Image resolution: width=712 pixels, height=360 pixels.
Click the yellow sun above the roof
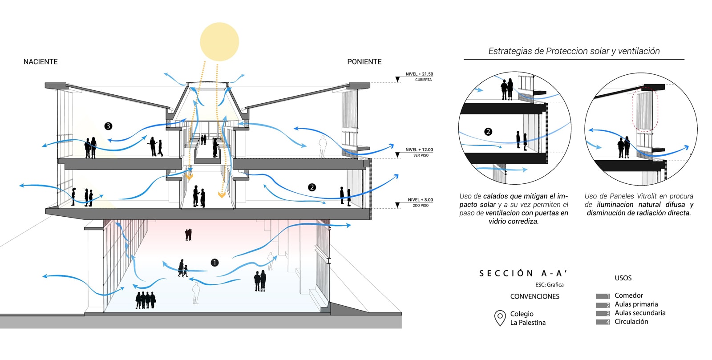pos(219,41)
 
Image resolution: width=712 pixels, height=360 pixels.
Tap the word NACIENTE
pos(40,62)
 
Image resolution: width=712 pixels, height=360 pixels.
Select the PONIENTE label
pos(364,62)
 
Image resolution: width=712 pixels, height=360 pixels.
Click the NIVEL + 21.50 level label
pos(419,74)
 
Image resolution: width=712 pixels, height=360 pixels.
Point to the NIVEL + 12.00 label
pos(419,150)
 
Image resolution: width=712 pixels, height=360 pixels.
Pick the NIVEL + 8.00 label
pos(420,200)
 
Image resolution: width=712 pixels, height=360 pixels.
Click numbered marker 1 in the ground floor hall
pos(214,263)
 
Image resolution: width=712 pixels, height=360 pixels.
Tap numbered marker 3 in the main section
pos(108,126)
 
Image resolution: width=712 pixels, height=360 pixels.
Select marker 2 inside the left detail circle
pos(488,132)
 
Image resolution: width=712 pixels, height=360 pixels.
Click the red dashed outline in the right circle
pos(644,109)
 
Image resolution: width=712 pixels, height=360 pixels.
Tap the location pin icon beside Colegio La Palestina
pos(500,318)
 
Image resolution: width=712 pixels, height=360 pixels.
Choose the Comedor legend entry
pos(628,295)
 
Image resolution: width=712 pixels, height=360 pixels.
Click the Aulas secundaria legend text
pos(640,313)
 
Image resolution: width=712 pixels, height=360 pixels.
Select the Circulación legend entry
pos(631,322)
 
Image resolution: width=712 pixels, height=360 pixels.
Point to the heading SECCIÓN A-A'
pos(523,273)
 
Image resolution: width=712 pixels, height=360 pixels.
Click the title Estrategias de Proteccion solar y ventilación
pos(574,51)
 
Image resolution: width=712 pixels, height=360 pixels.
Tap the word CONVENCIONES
pos(534,296)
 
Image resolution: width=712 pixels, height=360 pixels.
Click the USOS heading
pos(623,278)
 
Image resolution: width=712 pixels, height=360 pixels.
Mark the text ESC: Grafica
pos(549,285)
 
